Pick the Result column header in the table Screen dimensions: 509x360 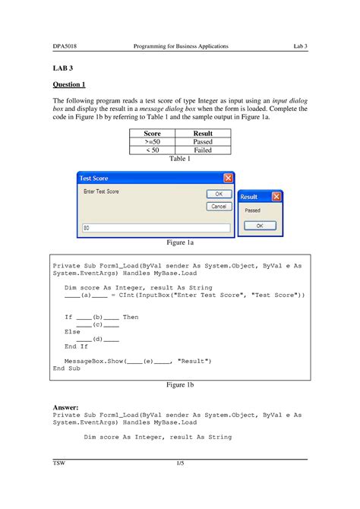(x=202, y=133)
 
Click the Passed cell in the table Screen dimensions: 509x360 (x=202, y=141)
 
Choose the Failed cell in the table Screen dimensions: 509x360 (x=202, y=150)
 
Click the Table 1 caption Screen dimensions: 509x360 (x=179, y=159)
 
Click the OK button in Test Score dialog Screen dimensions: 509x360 (x=218, y=194)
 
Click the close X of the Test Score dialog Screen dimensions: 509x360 (x=227, y=178)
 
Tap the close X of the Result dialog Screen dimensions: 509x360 (x=276, y=196)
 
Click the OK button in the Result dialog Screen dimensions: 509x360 (x=260, y=226)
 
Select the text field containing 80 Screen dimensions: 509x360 (x=156, y=227)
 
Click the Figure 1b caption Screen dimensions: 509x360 (x=180, y=385)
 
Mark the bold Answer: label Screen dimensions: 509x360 (x=67, y=407)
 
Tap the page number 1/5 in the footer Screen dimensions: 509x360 (x=180, y=463)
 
